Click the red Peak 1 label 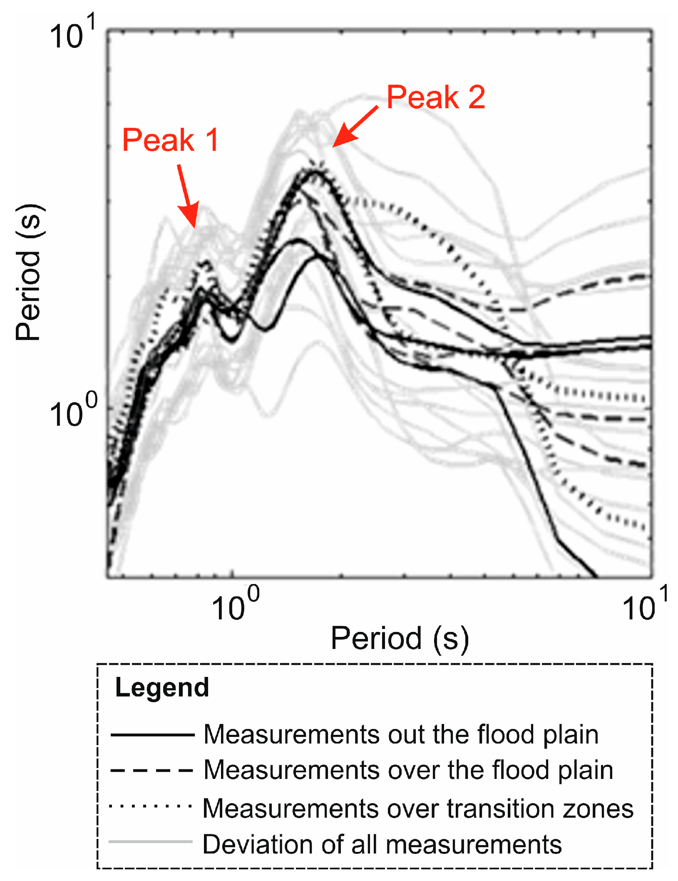pyautogui.click(x=170, y=140)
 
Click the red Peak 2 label pyautogui.click(x=435, y=97)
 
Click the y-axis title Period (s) pyautogui.click(x=28, y=273)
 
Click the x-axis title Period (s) pyautogui.click(x=400, y=639)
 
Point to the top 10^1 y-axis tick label pyautogui.click(x=72, y=33)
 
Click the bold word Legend pyautogui.click(x=162, y=688)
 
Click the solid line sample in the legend pyautogui.click(x=152, y=735)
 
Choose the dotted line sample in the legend pyautogui.click(x=151, y=806)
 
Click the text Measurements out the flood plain pyautogui.click(x=401, y=735)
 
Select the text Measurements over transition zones pyautogui.click(x=417, y=809)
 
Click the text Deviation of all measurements pyautogui.click(x=382, y=845)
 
